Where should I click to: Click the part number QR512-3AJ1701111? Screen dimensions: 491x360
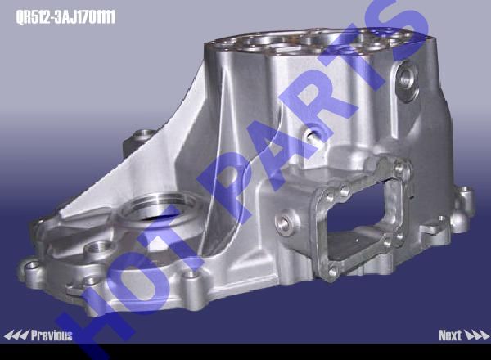(65, 17)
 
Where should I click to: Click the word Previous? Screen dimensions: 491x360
(52, 335)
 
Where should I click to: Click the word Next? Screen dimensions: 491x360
(450, 335)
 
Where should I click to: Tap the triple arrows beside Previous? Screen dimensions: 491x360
(16, 335)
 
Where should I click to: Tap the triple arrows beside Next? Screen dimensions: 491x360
(476, 335)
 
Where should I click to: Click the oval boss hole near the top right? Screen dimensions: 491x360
(406, 80)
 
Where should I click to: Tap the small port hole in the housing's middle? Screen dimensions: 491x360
(313, 135)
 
